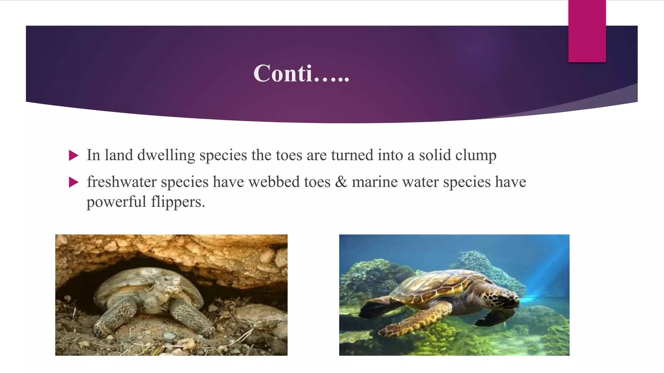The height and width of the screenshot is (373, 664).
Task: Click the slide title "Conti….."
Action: click(301, 73)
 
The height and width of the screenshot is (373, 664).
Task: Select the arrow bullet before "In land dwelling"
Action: click(74, 156)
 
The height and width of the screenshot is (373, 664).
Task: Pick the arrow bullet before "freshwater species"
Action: click(74, 183)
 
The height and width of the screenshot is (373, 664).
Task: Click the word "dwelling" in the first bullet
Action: click(166, 155)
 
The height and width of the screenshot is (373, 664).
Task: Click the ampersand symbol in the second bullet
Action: click(341, 182)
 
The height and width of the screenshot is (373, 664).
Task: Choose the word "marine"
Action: click(374, 182)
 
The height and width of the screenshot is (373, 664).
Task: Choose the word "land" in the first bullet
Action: click(119, 155)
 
